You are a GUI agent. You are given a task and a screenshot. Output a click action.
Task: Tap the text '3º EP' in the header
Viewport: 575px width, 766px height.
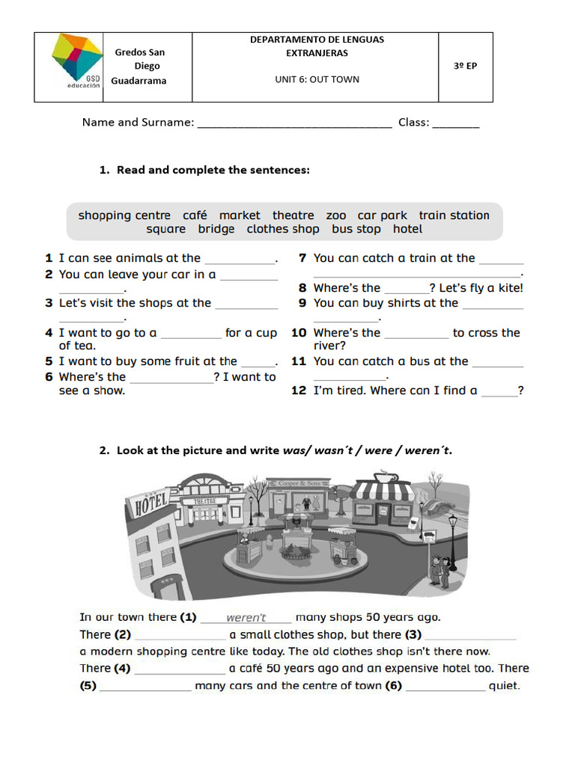(x=465, y=66)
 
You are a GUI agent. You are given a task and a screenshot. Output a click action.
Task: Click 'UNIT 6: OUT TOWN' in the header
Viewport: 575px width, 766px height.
(x=317, y=79)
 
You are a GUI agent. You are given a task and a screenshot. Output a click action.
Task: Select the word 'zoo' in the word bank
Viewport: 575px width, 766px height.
(x=336, y=215)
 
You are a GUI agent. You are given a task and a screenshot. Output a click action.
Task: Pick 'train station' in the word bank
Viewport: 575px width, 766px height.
(x=454, y=215)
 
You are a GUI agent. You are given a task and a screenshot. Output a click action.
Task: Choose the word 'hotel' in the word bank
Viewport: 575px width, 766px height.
(x=407, y=230)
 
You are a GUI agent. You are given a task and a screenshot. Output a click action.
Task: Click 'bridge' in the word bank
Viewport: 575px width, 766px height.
(x=216, y=230)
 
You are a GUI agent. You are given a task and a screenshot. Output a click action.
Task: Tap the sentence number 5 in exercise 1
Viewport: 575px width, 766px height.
(x=49, y=361)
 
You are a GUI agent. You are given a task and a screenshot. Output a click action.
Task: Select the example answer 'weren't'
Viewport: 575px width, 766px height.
(x=246, y=618)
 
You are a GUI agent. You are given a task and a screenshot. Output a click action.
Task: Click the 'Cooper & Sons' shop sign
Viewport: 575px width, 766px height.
(x=299, y=484)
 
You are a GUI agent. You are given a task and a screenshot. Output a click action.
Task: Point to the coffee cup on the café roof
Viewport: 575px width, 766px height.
(x=386, y=477)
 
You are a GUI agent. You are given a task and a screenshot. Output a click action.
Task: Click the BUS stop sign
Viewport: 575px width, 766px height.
(x=429, y=537)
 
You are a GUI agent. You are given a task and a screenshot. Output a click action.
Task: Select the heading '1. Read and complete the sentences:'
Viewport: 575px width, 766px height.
(x=204, y=170)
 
